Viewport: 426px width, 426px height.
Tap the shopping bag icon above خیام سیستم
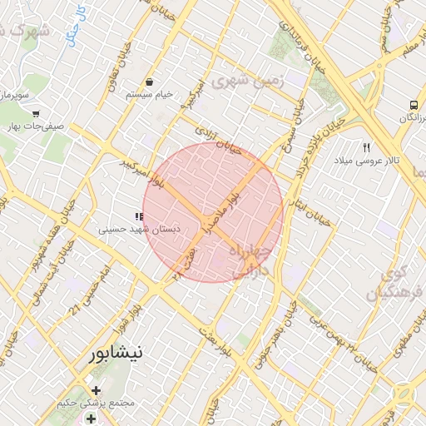(x=149, y=82)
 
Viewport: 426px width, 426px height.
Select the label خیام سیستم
(x=150, y=95)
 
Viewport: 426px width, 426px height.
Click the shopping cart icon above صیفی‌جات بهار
(x=36, y=113)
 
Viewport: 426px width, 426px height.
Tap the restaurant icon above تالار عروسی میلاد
(x=366, y=147)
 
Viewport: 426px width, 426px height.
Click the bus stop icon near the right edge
(x=413, y=106)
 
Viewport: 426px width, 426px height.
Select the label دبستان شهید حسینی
(x=136, y=227)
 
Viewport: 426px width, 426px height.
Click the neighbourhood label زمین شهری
(x=248, y=81)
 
